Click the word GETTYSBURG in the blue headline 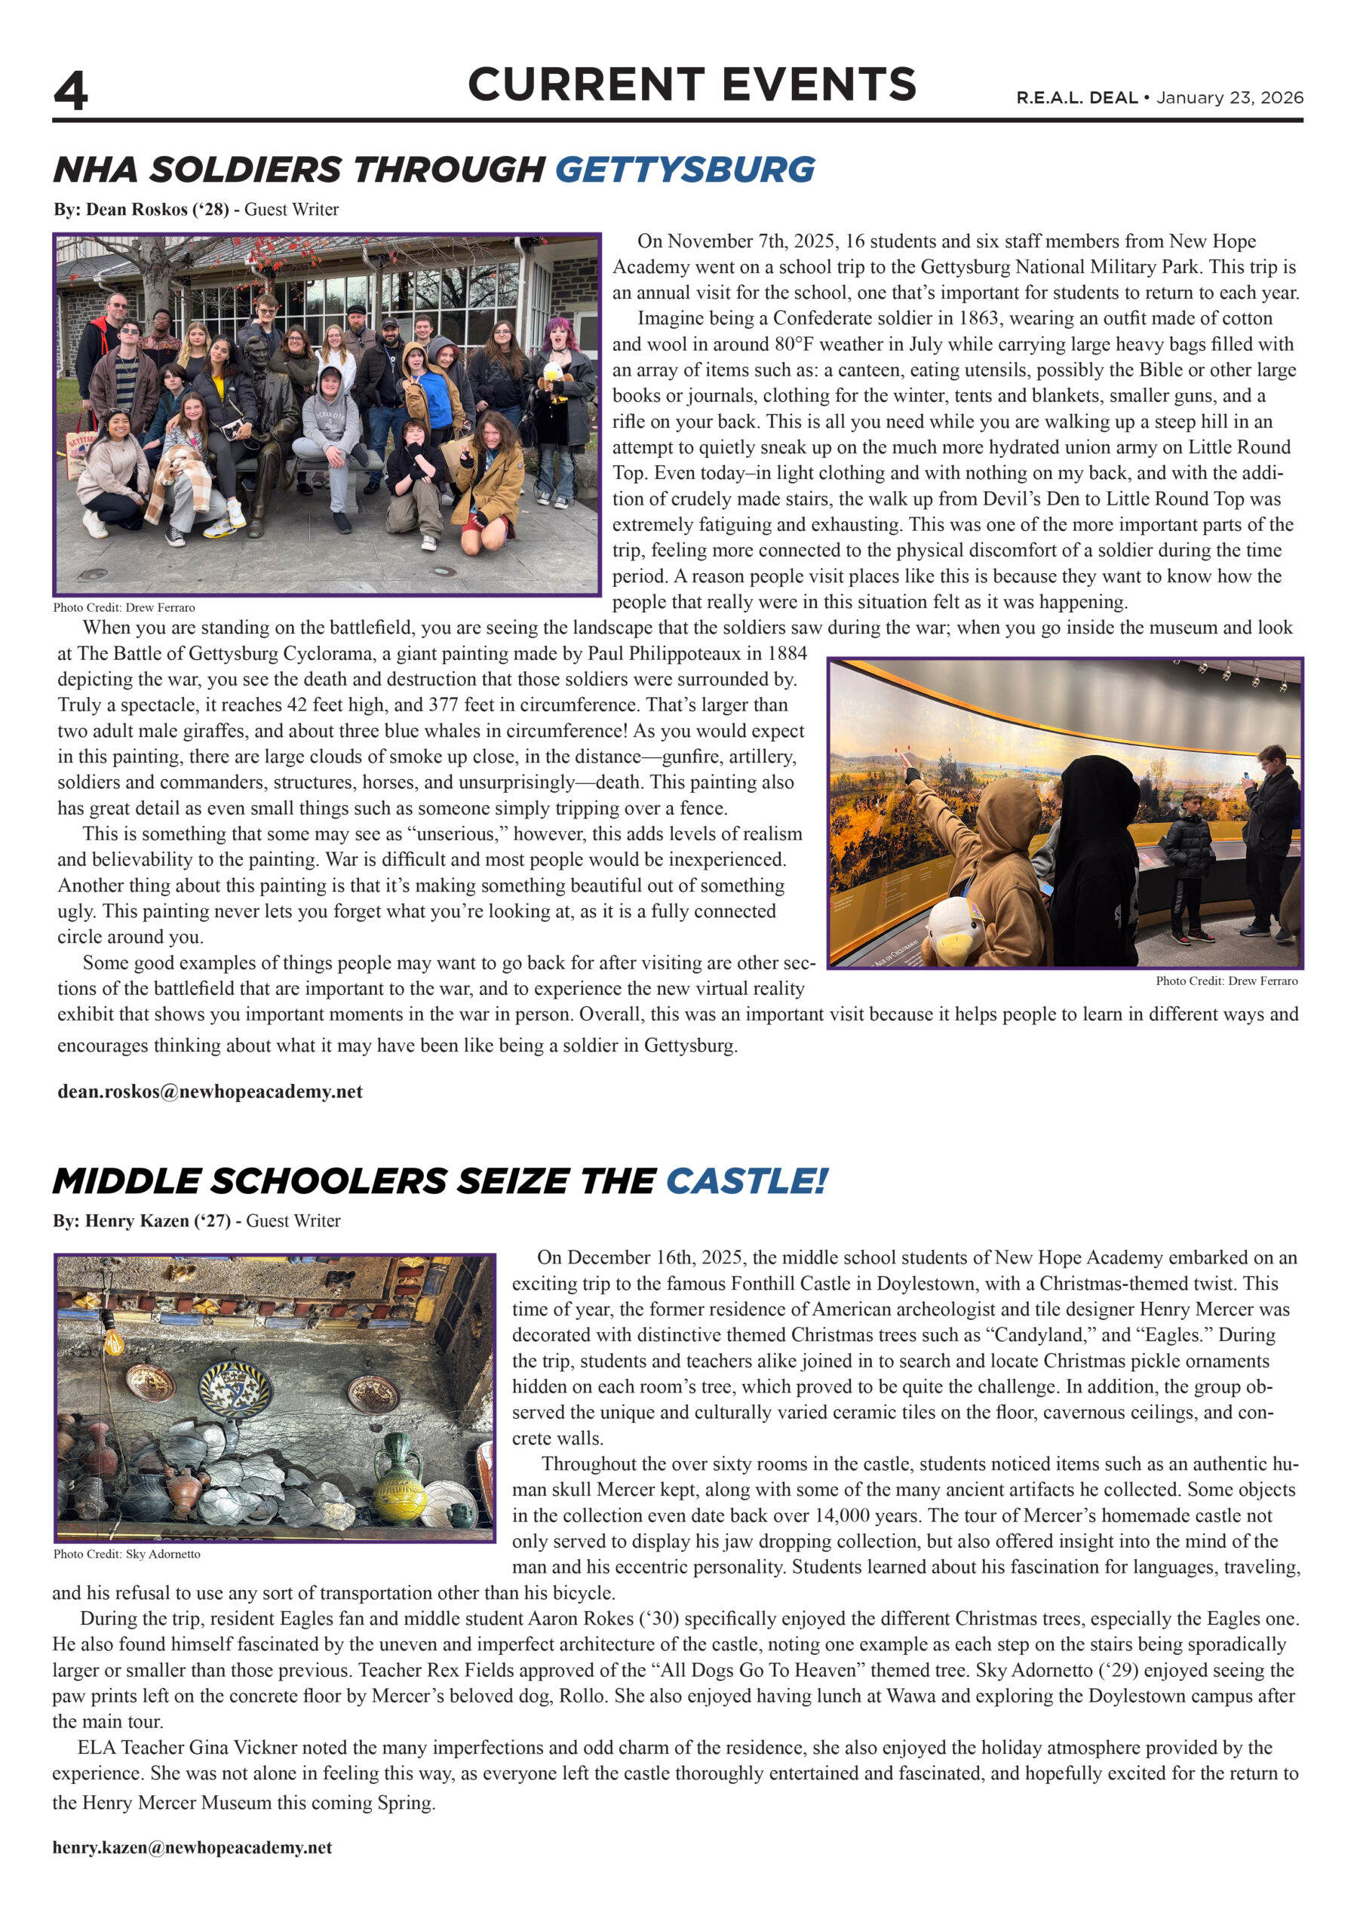pos(684,170)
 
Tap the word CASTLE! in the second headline pos(746,1182)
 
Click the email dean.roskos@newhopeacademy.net pos(210,1091)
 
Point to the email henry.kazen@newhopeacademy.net pos(192,1848)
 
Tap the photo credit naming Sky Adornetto pos(126,1554)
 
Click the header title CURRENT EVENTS pos(692,85)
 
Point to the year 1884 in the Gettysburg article pos(783,653)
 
